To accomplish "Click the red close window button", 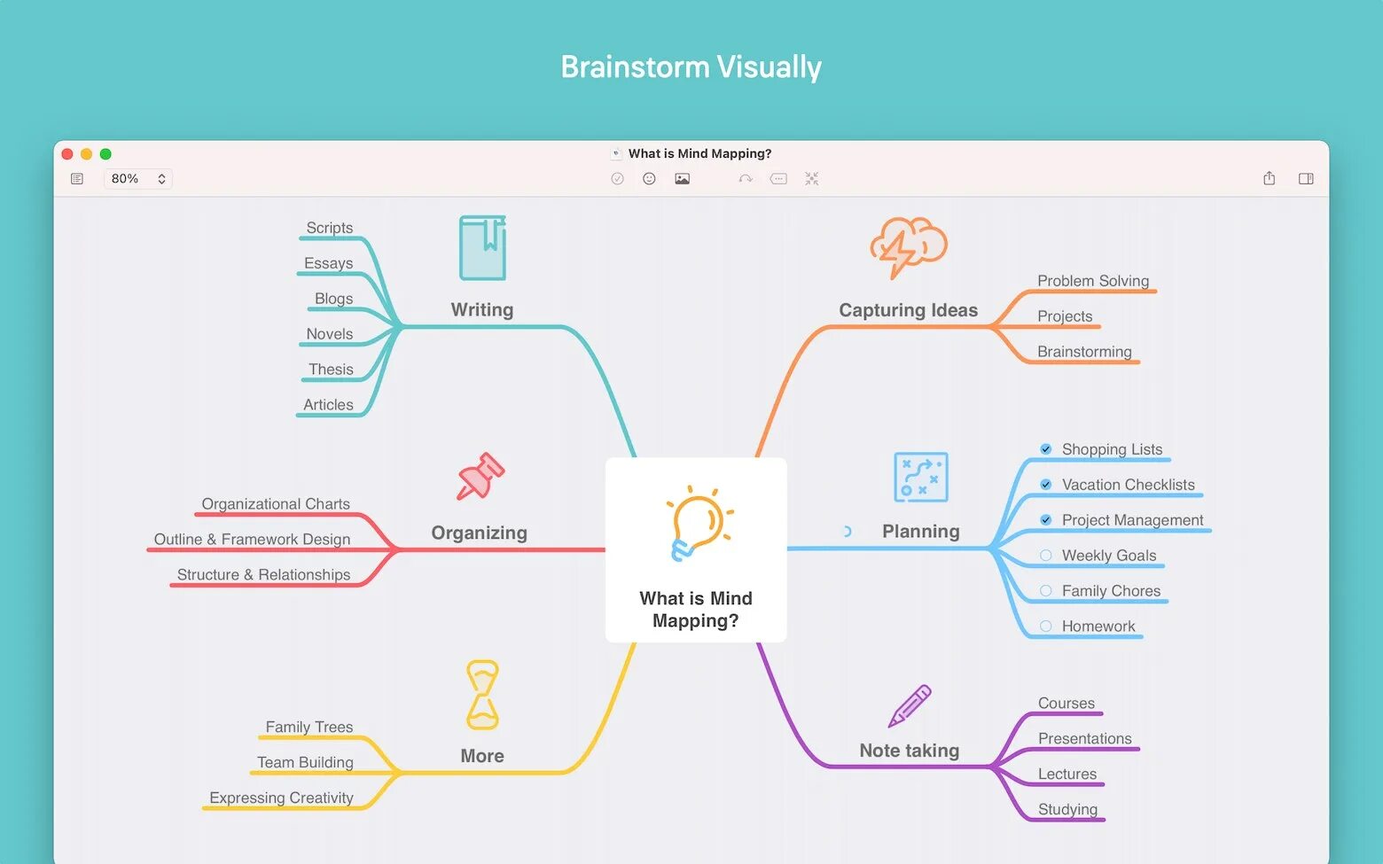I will point(67,154).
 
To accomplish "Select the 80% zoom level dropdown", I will point(137,179).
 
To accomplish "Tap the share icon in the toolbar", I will point(1269,179).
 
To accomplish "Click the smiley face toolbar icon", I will point(649,179).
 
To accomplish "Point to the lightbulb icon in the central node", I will point(699,524).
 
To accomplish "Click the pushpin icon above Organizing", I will point(481,477).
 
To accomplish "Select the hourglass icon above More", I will point(482,695).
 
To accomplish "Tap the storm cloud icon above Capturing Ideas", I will point(908,246).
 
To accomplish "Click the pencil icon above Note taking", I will point(910,706).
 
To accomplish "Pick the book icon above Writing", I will point(482,248).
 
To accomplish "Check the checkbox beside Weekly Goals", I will point(1046,556).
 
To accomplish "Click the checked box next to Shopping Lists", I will point(1046,449).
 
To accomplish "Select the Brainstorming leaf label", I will point(1084,352).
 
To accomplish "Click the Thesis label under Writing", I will point(331,370).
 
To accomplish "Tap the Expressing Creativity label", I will point(281,798).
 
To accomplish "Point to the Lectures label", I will point(1067,774).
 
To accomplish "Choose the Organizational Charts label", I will point(276,504).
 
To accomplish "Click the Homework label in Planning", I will point(1098,627).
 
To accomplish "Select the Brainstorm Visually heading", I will point(691,67).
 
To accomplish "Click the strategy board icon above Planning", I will point(921,477).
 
